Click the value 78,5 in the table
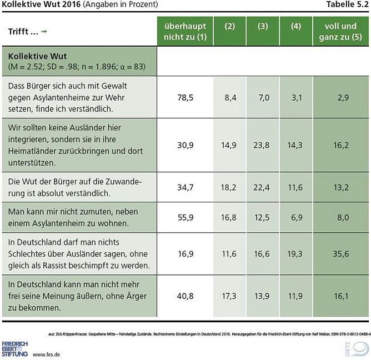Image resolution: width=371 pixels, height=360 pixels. [x=185, y=97]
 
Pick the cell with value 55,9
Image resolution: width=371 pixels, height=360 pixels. [x=185, y=218]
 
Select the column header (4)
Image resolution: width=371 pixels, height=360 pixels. [x=297, y=26]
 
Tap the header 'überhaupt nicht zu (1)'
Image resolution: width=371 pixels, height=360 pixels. [x=185, y=31]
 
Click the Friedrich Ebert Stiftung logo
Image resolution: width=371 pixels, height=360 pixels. [x=15, y=349]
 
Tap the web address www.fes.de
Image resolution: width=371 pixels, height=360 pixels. [x=47, y=354]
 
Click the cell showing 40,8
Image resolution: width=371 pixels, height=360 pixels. [x=185, y=296]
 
